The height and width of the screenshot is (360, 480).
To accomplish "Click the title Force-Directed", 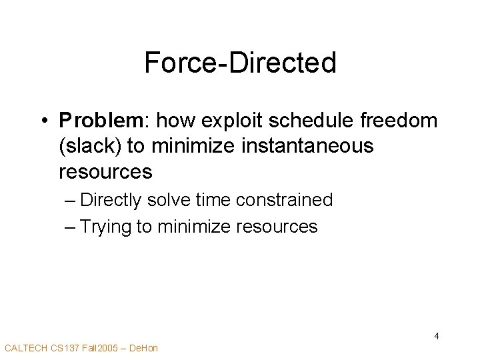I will pyautogui.click(x=240, y=63).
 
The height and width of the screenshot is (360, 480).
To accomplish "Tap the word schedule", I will pyautogui.click(x=323, y=121).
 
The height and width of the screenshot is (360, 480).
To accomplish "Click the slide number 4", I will pyautogui.click(x=436, y=336).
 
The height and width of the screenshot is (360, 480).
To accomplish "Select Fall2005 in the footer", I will pyautogui.click(x=101, y=348).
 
